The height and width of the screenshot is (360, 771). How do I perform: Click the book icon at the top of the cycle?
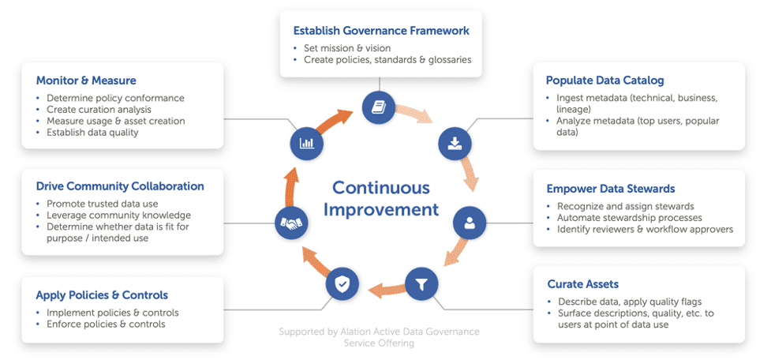pyautogui.click(x=379, y=107)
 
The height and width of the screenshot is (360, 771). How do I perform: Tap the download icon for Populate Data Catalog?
pyautogui.click(x=455, y=143)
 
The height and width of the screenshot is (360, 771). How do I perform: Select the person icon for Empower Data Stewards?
pyautogui.click(x=470, y=223)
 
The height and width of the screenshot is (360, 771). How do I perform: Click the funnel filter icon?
pyautogui.click(x=421, y=282)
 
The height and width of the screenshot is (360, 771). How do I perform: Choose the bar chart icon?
pyautogui.click(x=306, y=144)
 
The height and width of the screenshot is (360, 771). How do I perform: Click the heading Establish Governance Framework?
pyautogui.click(x=381, y=31)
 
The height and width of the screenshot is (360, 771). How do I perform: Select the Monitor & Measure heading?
pyautogui.click(x=86, y=81)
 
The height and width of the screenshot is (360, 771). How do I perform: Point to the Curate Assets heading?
pyautogui.click(x=582, y=283)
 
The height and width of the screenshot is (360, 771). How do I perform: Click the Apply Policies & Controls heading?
pyautogui.click(x=102, y=295)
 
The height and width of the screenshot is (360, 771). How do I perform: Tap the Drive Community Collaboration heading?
pyautogui.click(x=120, y=186)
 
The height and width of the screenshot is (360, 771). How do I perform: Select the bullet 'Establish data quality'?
pyautogui.click(x=92, y=132)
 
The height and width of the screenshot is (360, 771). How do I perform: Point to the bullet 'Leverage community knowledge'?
pyautogui.click(x=118, y=215)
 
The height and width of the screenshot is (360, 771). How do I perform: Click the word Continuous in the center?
pyautogui.click(x=381, y=188)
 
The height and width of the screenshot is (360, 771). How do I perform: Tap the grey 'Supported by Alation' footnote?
pyautogui.click(x=379, y=337)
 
